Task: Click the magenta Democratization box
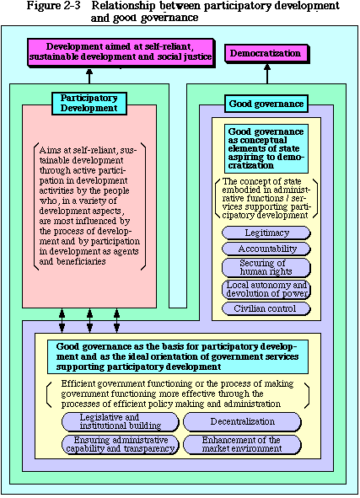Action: [267, 54]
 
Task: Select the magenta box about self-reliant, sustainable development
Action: [121, 52]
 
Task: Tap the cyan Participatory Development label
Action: [89, 104]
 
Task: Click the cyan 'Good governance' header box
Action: [266, 104]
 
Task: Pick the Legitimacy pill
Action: [266, 233]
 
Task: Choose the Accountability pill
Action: [266, 249]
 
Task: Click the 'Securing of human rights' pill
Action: [266, 268]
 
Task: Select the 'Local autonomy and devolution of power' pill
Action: [266, 289]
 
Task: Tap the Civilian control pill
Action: [266, 308]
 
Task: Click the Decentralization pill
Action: [242, 422]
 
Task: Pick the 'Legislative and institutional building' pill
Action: [121, 422]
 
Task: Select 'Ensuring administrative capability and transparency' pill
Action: [121, 445]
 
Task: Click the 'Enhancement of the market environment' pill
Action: [242, 445]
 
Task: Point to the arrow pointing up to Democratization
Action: [267, 74]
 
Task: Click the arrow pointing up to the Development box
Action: [89, 76]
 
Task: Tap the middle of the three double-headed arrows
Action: [90, 321]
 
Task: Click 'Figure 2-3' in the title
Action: [54, 5]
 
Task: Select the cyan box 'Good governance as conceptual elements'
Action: [266, 148]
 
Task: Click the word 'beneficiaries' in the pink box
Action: [81, 261]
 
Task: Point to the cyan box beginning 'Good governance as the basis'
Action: [178, 356]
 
